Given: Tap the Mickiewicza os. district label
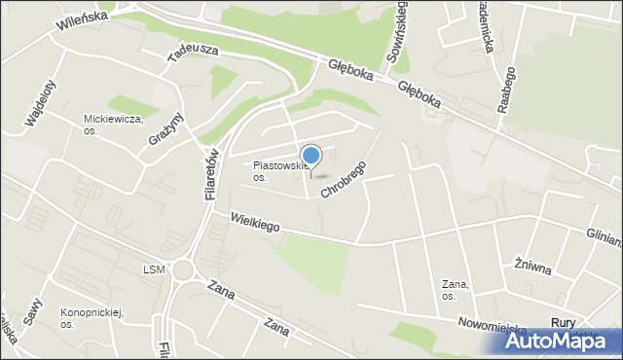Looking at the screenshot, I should point(113,125).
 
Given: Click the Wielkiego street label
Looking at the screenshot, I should point(255,224).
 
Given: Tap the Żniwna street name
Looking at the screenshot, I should point(532,266).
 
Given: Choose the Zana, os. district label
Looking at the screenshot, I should point(456,289).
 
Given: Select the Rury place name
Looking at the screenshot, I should point(563,322).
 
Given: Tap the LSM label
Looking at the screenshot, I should point(154,270).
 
